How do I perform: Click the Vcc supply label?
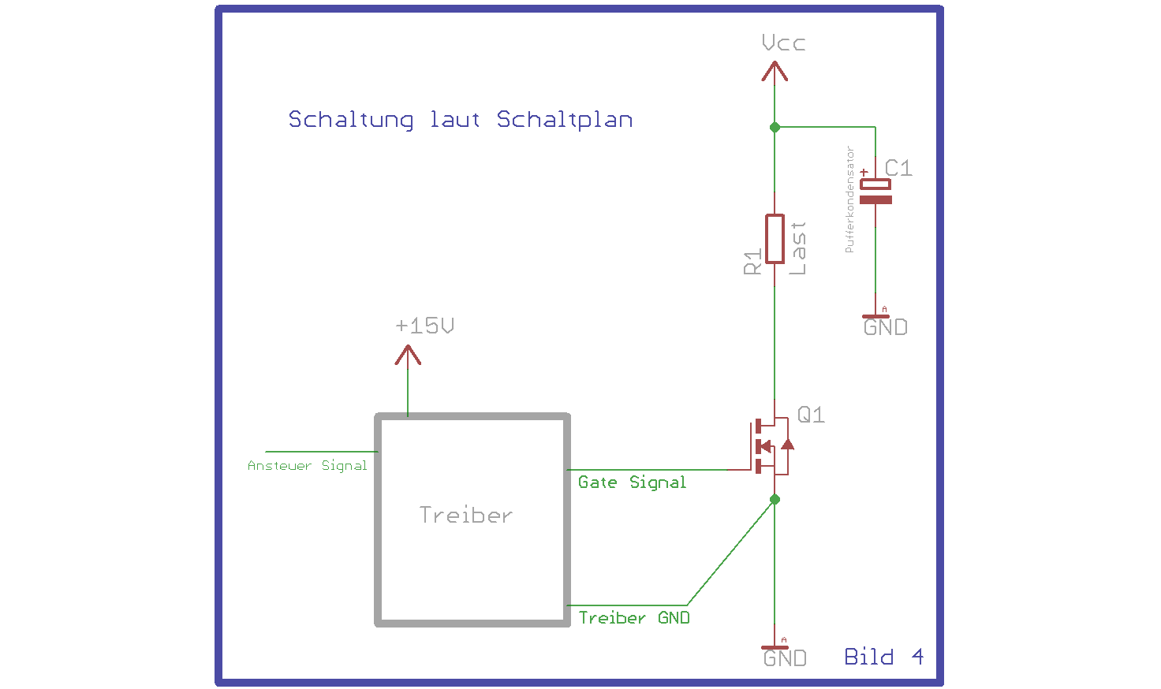[783, 43]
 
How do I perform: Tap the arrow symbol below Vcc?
[775, 72]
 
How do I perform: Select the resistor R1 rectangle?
[775, 239]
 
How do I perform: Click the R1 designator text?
[752, 262]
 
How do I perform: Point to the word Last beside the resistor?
[797, 248]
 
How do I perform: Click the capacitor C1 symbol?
[875, 191]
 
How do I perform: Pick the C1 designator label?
[898, 169]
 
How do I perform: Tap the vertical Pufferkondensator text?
[849, 199]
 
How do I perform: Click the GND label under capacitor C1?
[885, 327]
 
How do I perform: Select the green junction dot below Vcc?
[775, 127]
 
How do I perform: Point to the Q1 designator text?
[811, 415]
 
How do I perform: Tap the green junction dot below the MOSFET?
[775, 499]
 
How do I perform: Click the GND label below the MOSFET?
[785, 658]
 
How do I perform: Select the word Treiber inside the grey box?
[465, 515]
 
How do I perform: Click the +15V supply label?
[424, 326]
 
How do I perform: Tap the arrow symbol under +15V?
[408, 355]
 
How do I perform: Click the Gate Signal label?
[632, 482]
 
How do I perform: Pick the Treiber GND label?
[634, 617]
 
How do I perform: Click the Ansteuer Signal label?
[308, 466]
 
